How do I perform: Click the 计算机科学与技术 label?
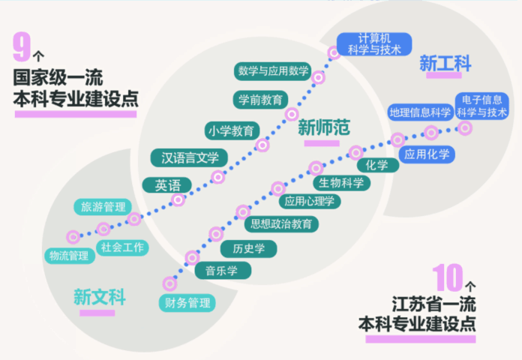click(x=374, y=44)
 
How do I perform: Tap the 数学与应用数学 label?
click(x=273, y=71)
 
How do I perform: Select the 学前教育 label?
click(x=260, y=99)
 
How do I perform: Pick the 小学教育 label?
click(x=232, y=130)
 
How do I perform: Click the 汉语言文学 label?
click(x=190, y=157)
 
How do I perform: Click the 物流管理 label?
click(x=68, y=256)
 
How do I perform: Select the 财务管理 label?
click(x=187, y=303)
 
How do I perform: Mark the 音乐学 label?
click(x=223, y=270)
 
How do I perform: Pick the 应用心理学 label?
click(x=310, y=201)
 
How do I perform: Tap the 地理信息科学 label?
click(x=420, y=112)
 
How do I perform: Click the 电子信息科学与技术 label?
click(x=481, y=106)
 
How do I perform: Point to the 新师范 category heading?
click(x=324, y=127)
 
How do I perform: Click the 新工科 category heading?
click(x=445, y=64)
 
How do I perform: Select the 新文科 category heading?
click(x=99, y=296)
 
